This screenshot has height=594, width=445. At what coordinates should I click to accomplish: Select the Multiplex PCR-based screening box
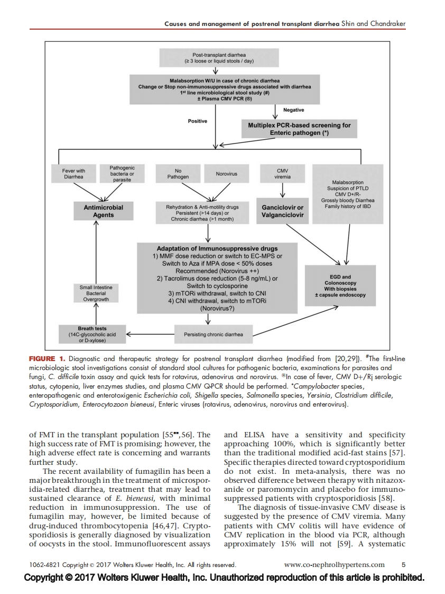[x=299, y=129]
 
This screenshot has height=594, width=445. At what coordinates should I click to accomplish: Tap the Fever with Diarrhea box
[x=73, y=174]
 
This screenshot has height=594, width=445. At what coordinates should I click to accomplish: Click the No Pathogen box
[x=178, y=174]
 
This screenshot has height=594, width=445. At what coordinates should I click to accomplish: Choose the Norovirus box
[x=226, y=174]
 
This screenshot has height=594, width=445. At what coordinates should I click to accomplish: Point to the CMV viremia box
[x=283, y=173]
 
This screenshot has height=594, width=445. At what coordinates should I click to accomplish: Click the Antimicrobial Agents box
[x=104, y=211]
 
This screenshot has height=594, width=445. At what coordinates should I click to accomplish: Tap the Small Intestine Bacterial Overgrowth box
[x=96, y=293]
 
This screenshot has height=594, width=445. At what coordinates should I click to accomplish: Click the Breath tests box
[x=92, y=334]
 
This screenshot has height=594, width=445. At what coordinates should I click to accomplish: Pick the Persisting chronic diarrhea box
[x=214, y=335]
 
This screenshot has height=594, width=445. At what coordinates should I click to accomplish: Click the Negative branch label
[x=294, y=110]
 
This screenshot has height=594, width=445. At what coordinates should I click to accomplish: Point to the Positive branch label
[x=197, y=121]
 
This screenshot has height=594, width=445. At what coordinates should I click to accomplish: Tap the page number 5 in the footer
[x=403, y=564]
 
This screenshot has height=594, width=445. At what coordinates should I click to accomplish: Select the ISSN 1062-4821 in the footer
[x=41, y=565]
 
